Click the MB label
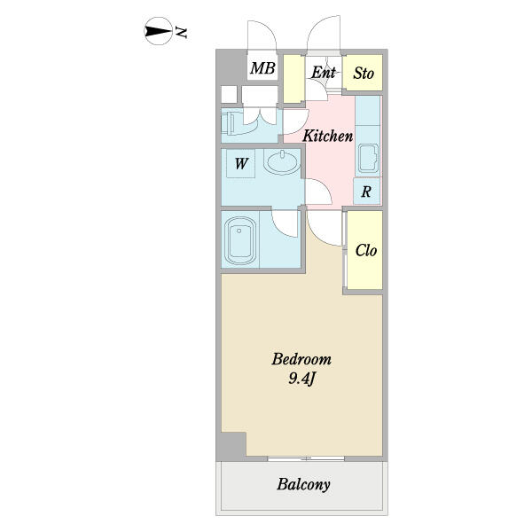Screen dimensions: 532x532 click(262, 68)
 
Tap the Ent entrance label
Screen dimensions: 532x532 click(324, 73)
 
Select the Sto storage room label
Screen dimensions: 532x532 click(364, 74)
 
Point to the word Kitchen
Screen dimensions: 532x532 click(328, 136)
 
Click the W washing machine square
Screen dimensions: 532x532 click(241, 163)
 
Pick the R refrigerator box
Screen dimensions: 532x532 click(366, 192)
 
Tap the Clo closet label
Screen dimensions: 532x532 click(366, 251)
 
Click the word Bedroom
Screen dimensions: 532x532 click(301, 359)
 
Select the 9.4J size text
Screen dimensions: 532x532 click(302, 379)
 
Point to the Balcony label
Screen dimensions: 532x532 click(303, 484)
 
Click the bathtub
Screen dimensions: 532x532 click(240, 240)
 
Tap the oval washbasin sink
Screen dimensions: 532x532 click(283, 162)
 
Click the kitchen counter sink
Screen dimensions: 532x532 click(369, 158)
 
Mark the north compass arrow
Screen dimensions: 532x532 click(158, 31)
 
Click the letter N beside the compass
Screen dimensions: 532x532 click(181, 33)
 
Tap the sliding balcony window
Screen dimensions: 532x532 click(306, 458)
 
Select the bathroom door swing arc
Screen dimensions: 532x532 click(285, 224)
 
